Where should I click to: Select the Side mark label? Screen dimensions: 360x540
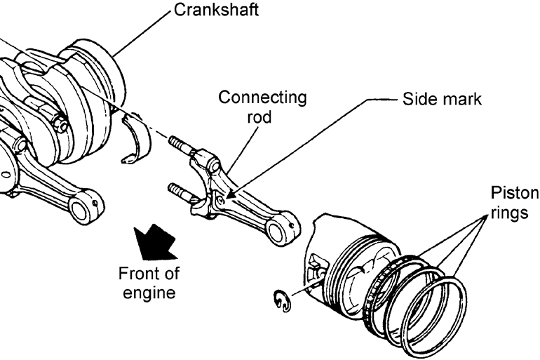(442, 99)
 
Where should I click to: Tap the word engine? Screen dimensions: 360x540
(147, 291)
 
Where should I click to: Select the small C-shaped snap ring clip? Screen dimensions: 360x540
(281, 302)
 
